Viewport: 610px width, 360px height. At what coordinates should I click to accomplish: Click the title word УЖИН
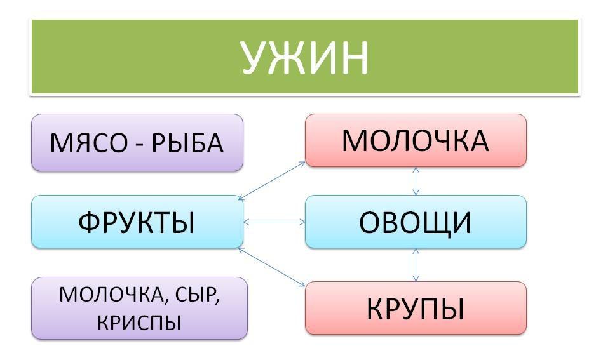(305, 57)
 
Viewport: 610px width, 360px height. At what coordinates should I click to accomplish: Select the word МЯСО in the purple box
(88, 143)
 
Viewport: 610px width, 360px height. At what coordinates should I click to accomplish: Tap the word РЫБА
(187, 143)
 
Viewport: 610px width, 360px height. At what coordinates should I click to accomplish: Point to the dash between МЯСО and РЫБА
(139, 145)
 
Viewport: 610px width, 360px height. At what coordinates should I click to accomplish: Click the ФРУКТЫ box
(137, 222)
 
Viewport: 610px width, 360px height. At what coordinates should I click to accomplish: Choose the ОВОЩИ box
(416, 222)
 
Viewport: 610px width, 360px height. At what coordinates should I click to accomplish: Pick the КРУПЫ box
(416, 308)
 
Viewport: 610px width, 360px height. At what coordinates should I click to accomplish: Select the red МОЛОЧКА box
(416, 140)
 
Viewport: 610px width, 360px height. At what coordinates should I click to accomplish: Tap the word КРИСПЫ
(139, 323)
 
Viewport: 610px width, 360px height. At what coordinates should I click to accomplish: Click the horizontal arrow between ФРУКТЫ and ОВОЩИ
(274, 222)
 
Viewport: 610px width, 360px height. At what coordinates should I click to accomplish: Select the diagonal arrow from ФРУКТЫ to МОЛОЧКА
(271, 181)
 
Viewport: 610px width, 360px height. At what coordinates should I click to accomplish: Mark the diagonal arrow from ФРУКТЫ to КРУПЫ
(271, 267)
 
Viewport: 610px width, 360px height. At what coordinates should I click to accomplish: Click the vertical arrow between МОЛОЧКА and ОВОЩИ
(416, 181)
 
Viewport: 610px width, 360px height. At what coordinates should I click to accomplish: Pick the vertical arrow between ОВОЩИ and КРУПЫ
(416, 265)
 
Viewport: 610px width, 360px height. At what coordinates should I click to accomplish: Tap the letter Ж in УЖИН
(288, 58)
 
